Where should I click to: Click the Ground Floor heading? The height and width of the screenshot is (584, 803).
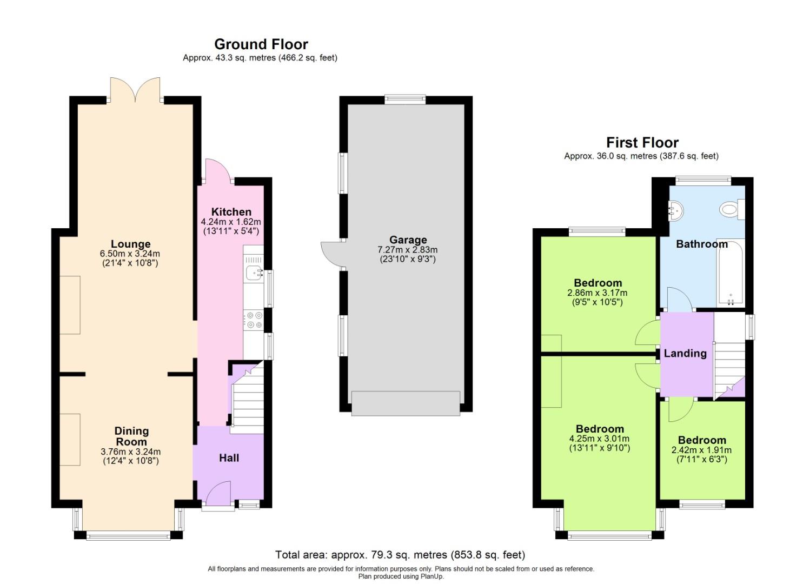[x=261, y=44]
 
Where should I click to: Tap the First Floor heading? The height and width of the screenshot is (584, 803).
[x=642, y=143]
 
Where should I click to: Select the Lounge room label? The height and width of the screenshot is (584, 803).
[x=130, y=244]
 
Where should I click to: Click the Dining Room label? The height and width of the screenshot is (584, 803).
[x=131, y=436]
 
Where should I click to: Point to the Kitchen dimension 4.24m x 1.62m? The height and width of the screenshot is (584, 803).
[x=230, y=222]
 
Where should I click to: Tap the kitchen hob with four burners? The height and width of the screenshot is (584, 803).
[x=253, y=320]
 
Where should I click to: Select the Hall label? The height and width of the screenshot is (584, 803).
[x=229, y=458]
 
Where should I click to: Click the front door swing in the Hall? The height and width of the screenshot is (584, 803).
[x=217, y=493]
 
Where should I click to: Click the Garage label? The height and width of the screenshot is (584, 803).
[x=408, y=240]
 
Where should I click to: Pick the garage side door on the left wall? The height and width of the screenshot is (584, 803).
[x=331, y=254]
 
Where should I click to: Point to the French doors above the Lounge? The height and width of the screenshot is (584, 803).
[x=135, y=90]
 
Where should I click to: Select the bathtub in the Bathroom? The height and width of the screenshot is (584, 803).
[x=731, y=273]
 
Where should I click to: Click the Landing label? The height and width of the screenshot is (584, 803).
[x=685, y=354]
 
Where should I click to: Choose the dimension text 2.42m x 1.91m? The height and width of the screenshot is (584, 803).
[x=701, y=450]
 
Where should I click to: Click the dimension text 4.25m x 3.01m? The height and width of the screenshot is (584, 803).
[x=599, y=439]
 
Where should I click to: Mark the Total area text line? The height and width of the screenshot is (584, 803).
[x=400, y=555]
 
